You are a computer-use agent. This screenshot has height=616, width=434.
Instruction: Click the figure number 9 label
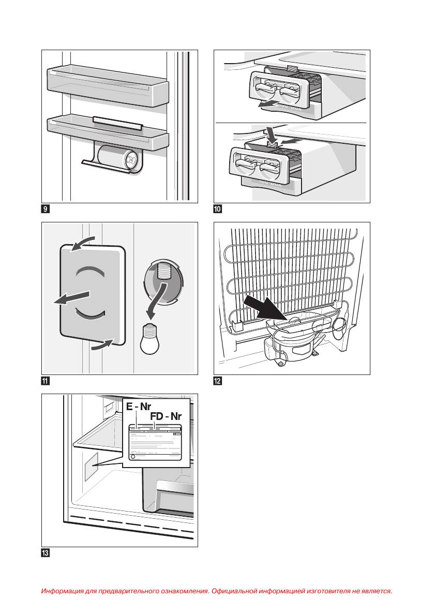pos(46,209)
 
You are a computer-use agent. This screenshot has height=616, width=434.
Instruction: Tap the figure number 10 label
pos(218,209)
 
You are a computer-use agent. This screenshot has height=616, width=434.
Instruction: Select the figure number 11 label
pos(46,382)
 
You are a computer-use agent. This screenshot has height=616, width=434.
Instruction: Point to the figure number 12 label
pos(218,382)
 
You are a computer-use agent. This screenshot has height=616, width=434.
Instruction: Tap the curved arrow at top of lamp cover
pos(83,242)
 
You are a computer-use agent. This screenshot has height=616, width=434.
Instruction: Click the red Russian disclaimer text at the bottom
pos(217,590)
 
